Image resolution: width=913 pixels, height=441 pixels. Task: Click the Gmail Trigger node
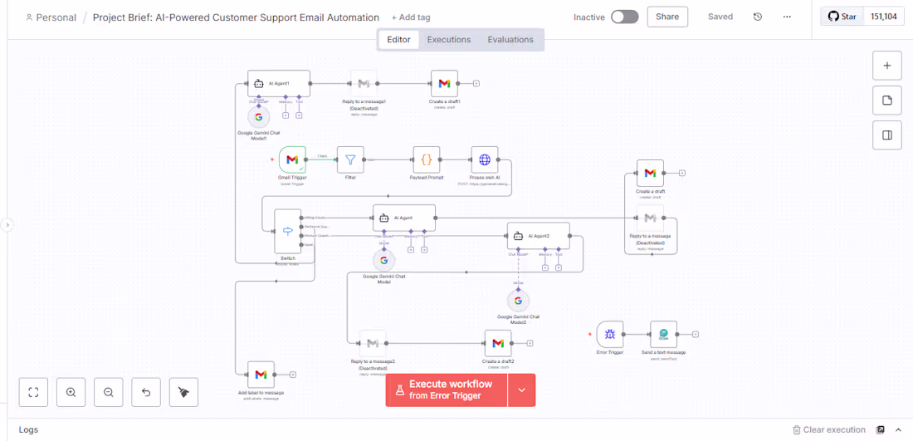292,159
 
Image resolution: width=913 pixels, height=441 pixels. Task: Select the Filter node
350,159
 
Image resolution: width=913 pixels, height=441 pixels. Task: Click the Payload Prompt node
426,159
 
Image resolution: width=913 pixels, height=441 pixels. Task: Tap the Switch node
288,232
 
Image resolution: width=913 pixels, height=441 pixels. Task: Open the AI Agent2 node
538,236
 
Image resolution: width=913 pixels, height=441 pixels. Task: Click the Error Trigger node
610,335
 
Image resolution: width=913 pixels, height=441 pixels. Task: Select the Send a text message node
663,335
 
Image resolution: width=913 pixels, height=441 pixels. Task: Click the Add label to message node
261,375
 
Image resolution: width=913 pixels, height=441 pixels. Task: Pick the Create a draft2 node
498,343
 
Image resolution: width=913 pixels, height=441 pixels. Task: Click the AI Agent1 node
278,83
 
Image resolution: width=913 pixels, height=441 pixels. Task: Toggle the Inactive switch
624,17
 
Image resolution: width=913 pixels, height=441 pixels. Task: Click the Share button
667,17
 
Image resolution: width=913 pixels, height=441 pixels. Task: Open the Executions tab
448,40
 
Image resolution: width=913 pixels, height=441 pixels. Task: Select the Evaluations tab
510,40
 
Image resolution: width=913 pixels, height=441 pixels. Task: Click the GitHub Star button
842,17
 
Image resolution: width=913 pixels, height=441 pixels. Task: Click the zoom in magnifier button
71,392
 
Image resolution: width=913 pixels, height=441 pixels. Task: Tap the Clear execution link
829,430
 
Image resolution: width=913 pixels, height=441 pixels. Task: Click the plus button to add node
887,66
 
